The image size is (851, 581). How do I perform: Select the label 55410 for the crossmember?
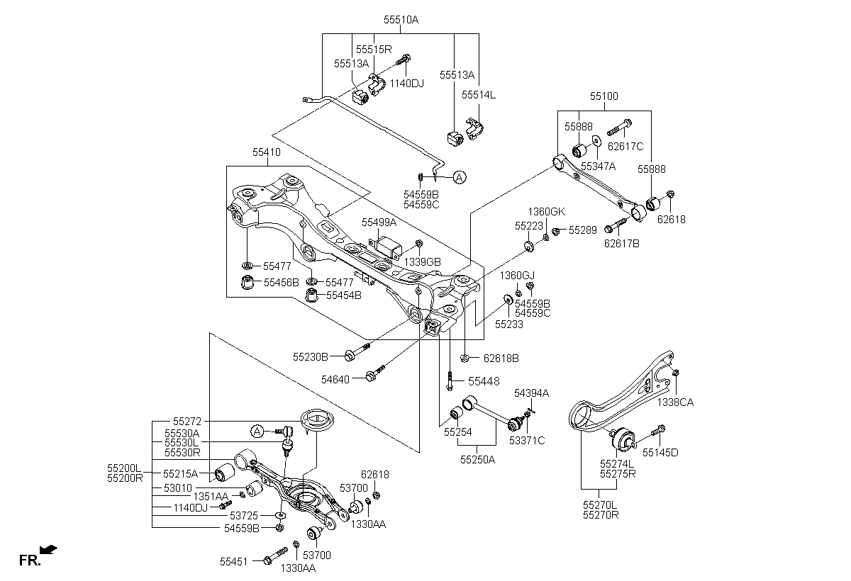267,152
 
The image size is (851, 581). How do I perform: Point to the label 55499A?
379,222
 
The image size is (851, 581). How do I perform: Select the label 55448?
482,380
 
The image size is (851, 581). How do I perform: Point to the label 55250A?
477,459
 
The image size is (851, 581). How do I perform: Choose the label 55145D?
660,451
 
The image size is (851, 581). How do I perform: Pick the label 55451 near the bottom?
234,561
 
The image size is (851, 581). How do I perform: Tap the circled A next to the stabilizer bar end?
460,178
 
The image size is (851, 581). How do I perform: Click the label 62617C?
625,147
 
